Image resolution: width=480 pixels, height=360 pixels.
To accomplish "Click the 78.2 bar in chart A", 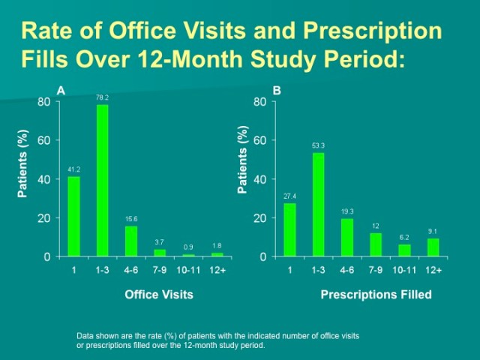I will coord(102,181).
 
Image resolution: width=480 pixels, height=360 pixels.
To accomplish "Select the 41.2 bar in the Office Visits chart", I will coord(73,217).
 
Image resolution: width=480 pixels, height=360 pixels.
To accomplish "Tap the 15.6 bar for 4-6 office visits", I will coord(131,241).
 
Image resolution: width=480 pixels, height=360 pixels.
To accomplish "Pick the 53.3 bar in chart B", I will coord(318,205).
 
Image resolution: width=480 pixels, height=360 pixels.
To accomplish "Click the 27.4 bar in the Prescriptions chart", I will coord(289,230).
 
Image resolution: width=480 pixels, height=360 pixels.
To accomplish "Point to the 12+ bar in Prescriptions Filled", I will coord(433,248).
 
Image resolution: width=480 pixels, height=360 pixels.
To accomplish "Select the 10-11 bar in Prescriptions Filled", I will coord(404,250).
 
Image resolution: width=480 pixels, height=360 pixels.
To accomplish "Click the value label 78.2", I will coord(102,97).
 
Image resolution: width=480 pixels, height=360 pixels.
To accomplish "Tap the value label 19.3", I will coord(346,211).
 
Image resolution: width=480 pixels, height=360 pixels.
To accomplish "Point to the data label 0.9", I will coord(188,247).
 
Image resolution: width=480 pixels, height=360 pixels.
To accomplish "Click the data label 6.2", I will coord(404,237).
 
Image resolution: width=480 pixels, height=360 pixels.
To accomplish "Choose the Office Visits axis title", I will coord(159,295).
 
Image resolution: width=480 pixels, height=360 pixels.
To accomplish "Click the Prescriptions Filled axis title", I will coord(376,295).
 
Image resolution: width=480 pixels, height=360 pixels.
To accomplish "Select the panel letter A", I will coord(61,90).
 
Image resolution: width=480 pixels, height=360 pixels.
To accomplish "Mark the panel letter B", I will coord(277,90).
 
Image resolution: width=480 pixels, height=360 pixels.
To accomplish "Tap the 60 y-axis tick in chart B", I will coord(260,140).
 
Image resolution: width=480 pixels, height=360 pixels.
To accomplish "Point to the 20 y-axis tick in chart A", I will coord(45,218).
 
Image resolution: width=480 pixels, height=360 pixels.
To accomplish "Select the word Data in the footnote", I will coord(85,336).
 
